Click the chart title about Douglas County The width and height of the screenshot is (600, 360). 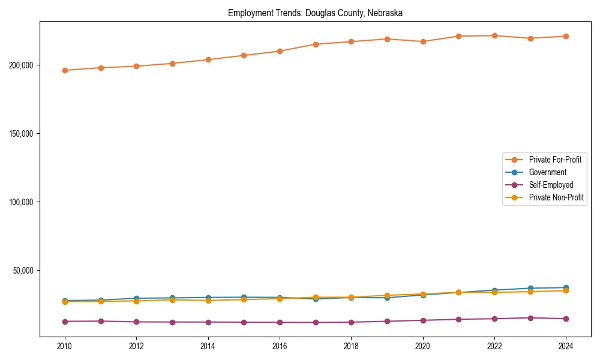click(315, 13)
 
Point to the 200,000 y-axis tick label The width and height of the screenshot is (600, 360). click(22, 65)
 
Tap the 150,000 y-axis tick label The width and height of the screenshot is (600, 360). click(22, 133)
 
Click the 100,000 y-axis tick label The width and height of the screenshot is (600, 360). click(22, 202)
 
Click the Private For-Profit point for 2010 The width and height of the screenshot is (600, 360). click(65, 70)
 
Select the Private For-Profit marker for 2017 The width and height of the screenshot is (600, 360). click(316, 44)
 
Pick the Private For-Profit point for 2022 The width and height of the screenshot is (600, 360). click(494, 35)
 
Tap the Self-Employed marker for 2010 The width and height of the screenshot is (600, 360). click(65, 322)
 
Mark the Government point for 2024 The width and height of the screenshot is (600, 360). click(566, 288)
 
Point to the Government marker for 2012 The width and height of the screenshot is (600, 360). click(136, 298)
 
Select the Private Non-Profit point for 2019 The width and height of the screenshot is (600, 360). click(387, 295)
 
